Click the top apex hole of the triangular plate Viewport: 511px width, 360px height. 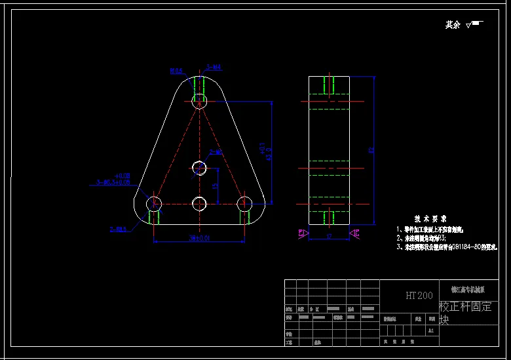coord(199,101)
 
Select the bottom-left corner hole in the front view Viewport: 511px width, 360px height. coord(154,203)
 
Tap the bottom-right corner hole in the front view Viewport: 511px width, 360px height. coord(244,203)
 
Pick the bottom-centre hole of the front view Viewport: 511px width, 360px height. coord(199,203)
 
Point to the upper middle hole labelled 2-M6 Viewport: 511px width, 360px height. coord(199,169)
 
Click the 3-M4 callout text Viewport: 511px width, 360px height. coord(214,67)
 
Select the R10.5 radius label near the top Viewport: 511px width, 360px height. coord(176,70)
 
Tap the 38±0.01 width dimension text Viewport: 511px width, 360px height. coord(199,237)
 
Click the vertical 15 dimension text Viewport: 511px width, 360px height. coord(215,186)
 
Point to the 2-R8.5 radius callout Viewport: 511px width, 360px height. coord(118,229)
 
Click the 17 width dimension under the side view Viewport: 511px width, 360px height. coord(328,235)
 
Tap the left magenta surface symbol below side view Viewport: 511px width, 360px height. coord(302,233)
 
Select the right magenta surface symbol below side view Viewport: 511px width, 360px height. coord(354,233)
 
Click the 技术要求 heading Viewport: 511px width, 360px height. coord(430,218)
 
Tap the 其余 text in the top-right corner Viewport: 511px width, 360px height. coord(453,25)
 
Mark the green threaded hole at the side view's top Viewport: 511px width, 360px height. coord(329,85)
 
